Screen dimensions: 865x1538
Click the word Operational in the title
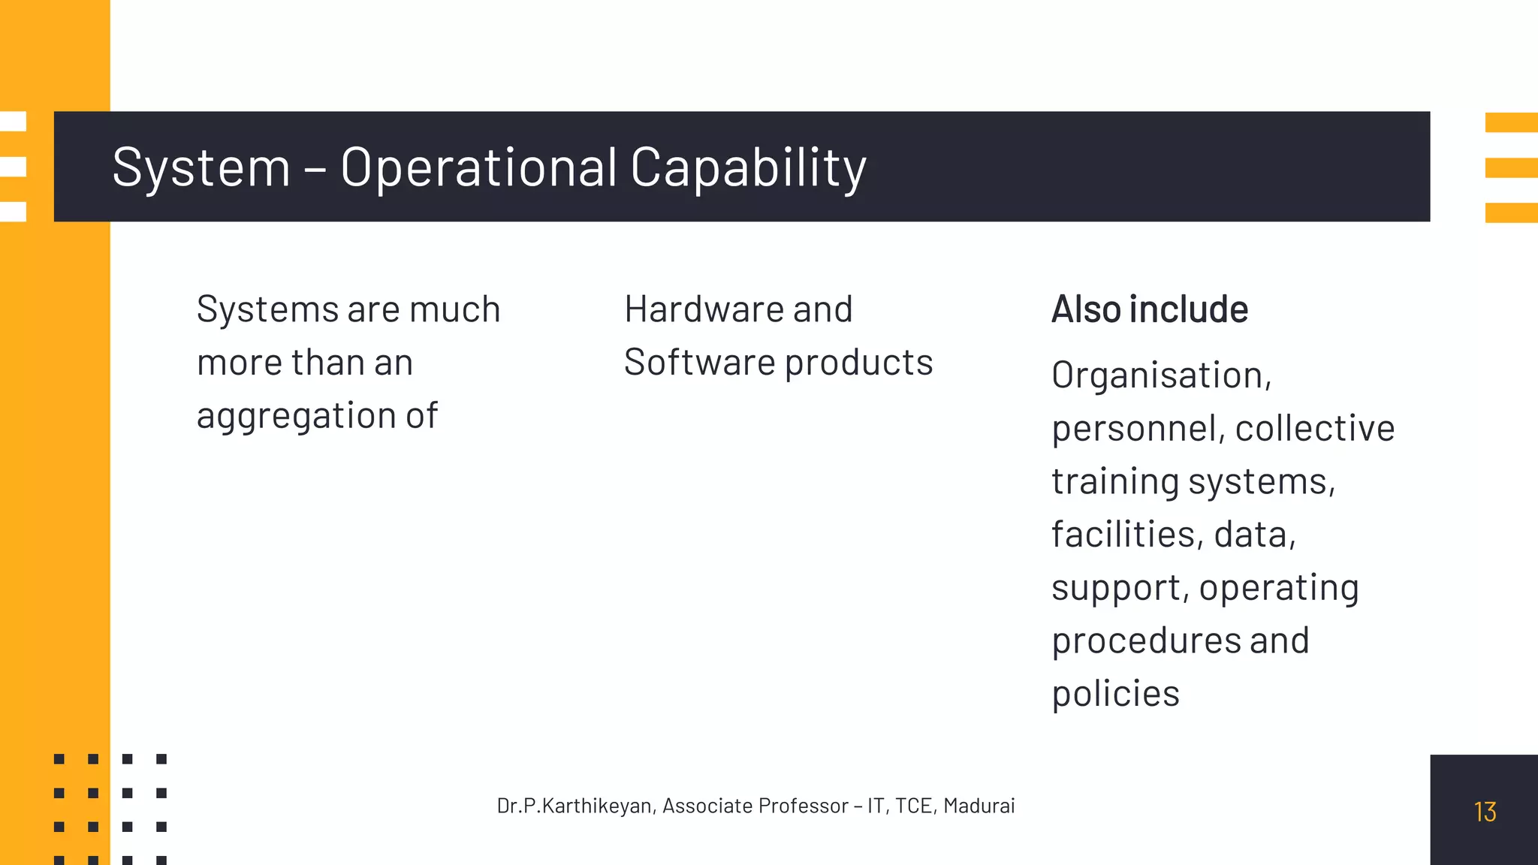(478, 167)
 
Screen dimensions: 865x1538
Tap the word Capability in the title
(748, 167)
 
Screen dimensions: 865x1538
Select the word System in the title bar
(201, 167)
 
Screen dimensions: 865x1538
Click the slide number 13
(1485, 812)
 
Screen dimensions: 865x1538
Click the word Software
(698, 363)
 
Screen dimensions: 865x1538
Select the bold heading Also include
(1149, 309)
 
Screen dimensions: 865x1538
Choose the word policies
(1115, 694)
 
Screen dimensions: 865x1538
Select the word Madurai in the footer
(979, 806)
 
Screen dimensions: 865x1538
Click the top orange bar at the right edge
(1511, 122)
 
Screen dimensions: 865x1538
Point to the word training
(1114, 482)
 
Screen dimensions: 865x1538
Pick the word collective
(1314, 429)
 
